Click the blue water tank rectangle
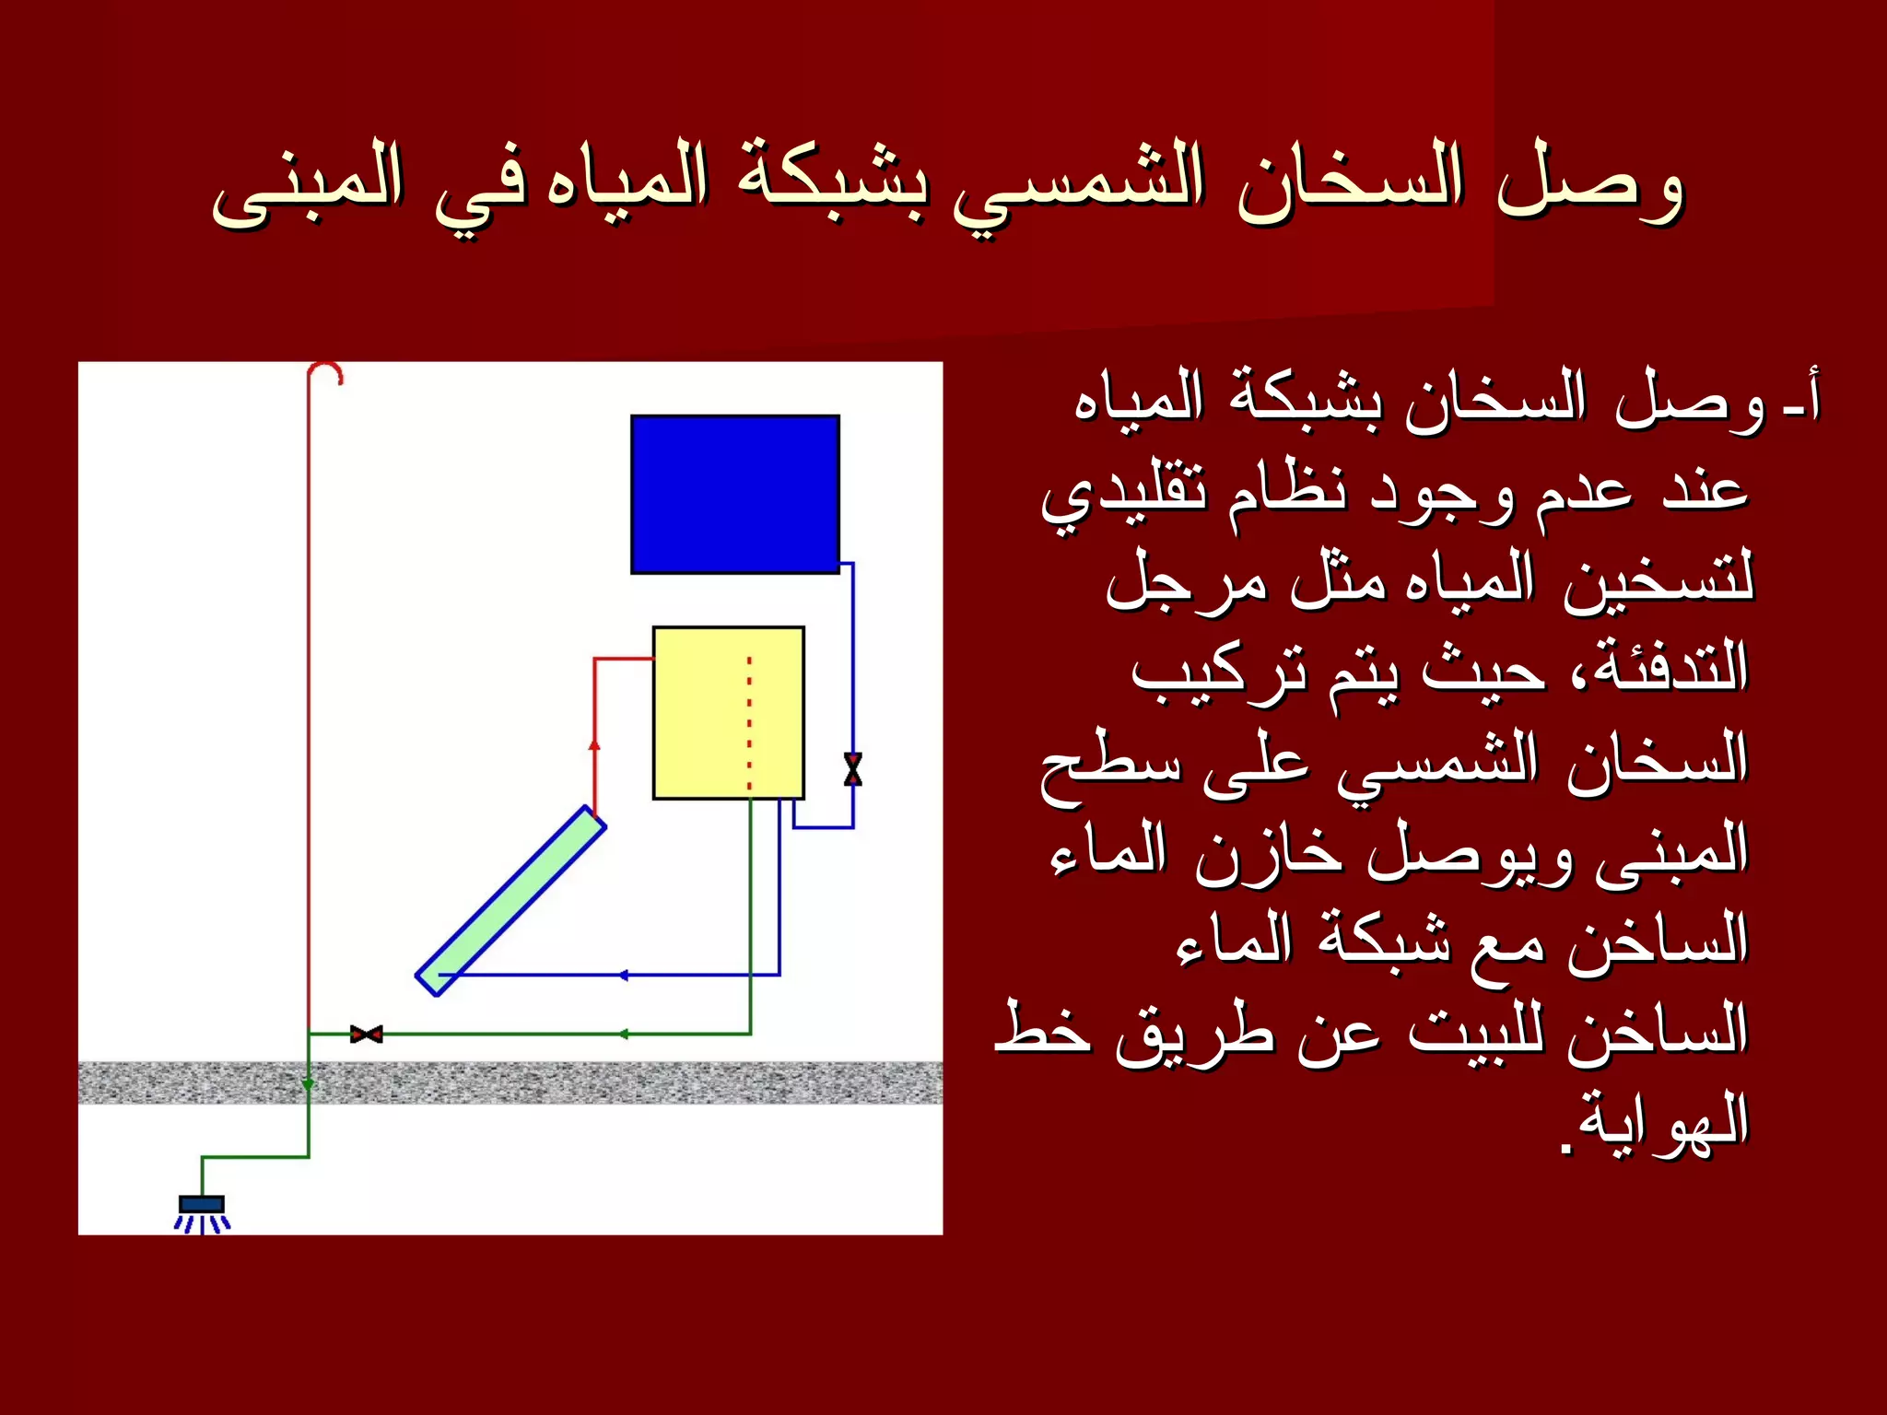point(734,495)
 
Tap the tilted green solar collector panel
point(510,901)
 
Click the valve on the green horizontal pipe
point(366,1034)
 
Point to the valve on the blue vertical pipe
point(852,769)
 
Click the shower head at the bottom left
point(202,1206)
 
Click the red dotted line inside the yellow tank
point(749,723)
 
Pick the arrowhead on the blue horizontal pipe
point(623,975)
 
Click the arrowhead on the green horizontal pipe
point(623,1034)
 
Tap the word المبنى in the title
point(307,184)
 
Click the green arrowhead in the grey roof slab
point(309,1083)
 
